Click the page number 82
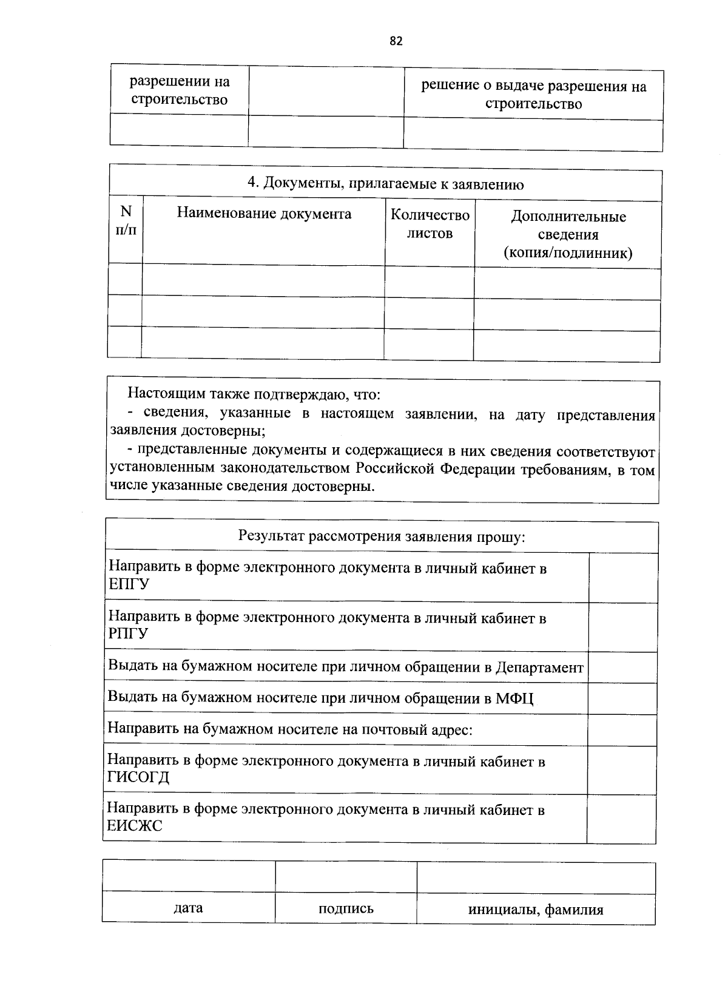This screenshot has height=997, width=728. pos(396,41)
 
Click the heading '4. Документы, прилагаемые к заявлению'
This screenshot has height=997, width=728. pos(385,184)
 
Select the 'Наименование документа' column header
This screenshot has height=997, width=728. pos(264,214)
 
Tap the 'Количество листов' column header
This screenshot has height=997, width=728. pos(430,224)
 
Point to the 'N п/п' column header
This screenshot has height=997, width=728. pos(126,220)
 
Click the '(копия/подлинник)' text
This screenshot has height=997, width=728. pos(568,253)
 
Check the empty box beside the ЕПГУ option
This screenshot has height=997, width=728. pos(623,577)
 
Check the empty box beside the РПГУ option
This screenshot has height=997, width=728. pos(623,627)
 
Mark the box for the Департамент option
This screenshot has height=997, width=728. pos(622,667)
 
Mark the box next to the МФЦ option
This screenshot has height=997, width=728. pos(622,698)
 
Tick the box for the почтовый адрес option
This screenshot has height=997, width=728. pos(622,730)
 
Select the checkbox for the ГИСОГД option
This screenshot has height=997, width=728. pos(622,770)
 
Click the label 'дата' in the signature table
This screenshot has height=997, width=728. pos(188,908)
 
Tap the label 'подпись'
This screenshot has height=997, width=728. pos(346,908)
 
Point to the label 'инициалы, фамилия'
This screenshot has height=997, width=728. pos(536,910)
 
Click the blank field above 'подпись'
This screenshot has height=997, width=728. pos(346,877)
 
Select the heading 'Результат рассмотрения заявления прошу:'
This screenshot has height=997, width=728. pos(382,537)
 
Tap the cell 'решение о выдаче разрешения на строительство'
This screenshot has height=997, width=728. pos(534,95)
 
